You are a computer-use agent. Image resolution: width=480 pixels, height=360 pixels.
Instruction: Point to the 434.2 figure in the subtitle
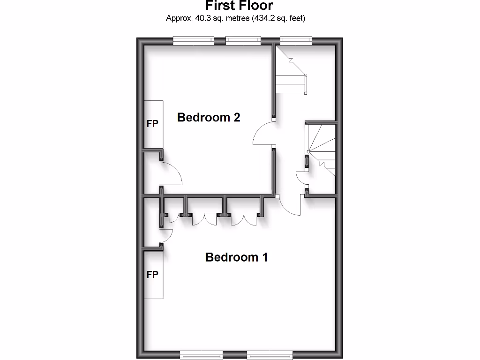(264, 19)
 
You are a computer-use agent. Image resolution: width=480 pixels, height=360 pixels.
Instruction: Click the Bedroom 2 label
(209, 118)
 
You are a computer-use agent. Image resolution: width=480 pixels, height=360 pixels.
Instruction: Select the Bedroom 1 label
(237, 257)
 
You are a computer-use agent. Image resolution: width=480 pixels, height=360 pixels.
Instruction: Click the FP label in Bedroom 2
(153, 124)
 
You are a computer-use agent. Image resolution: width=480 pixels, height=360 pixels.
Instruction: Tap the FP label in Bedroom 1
(153, 275)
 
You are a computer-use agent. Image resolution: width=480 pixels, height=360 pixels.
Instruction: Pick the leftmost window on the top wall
(194, 41)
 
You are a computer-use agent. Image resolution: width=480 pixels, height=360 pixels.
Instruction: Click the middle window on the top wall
(243, 41)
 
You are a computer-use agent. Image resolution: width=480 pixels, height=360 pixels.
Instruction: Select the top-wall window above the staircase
(296, 41)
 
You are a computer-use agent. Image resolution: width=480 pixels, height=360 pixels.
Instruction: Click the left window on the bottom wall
(202, 355)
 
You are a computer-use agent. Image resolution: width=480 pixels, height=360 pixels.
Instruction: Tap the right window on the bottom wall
(269, 355)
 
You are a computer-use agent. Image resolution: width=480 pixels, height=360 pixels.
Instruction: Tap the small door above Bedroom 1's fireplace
(166, 234)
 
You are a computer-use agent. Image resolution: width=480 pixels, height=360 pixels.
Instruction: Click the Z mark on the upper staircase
(291, 60)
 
